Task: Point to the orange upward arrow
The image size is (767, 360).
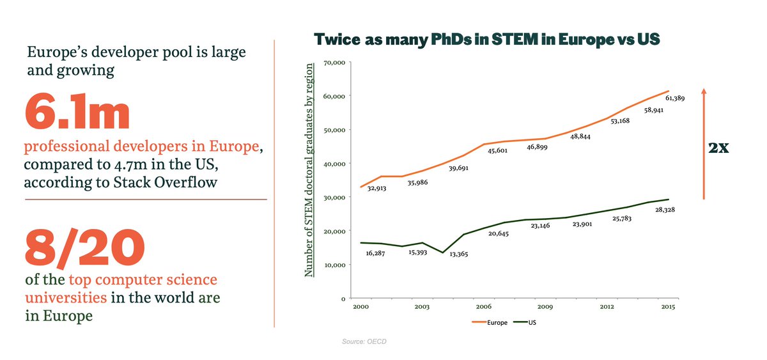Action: pos(704,144)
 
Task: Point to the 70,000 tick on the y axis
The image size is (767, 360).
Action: pos(335,63)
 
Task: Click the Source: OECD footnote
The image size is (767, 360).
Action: pos(364,342)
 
